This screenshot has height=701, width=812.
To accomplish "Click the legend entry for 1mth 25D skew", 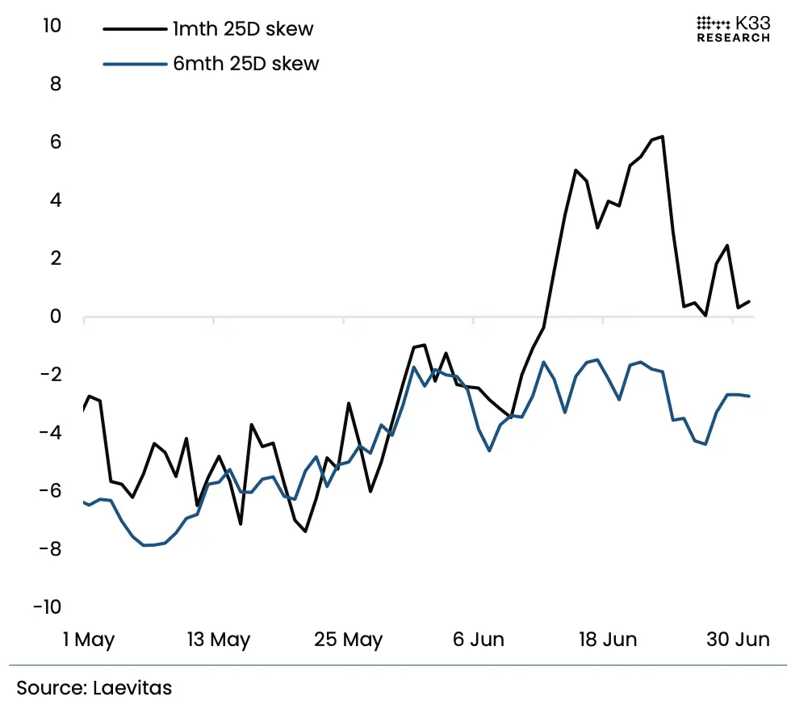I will (x=242, y=30).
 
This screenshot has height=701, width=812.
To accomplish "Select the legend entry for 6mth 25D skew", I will (x=245, y=64).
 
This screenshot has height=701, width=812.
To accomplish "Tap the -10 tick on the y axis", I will (x=45, y=607).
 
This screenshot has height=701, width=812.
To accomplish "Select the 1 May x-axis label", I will (x=89, y=640).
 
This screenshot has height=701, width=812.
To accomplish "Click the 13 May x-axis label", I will (x=219, y=640).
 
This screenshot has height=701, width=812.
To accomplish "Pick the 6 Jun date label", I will (x=478, y=640).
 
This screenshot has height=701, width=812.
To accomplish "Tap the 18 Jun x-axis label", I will (x=608, y=640).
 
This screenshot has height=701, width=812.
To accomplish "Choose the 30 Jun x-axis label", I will (x=738, y=640).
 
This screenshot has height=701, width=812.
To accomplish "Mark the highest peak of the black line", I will (x=663, y=136).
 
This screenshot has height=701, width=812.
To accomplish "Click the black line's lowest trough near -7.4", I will (x=305, y=531).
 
